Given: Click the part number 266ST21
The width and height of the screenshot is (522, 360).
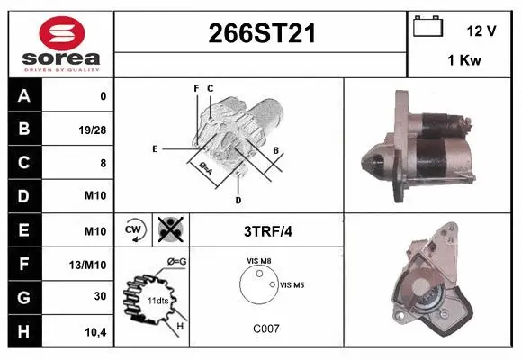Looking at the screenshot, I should [262, 34].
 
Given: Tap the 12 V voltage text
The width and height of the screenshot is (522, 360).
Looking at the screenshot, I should [481, 31].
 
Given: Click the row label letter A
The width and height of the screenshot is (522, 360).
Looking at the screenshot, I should [24, 95].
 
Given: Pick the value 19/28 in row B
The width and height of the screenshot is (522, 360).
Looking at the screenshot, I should [93, 129].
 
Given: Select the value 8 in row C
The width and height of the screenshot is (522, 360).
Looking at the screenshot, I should [103, 162].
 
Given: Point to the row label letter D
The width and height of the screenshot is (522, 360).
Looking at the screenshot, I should [24, 195].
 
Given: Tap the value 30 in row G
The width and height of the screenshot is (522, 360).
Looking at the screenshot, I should [101, 295].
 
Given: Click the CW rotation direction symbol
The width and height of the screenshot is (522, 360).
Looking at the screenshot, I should [134, 230].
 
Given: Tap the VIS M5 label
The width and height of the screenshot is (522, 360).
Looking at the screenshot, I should [292, 284].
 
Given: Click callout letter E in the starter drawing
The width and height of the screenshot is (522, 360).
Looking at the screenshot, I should [155, 148].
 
